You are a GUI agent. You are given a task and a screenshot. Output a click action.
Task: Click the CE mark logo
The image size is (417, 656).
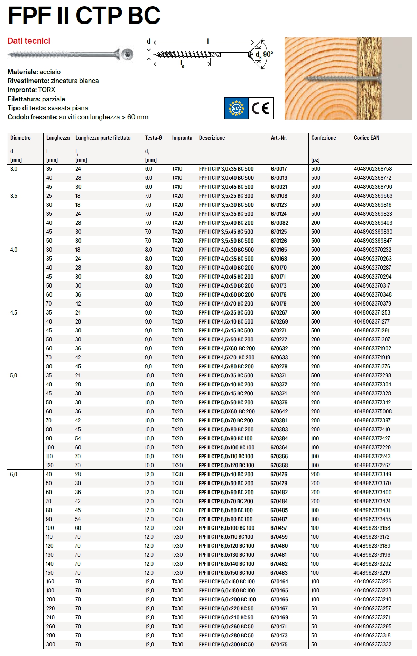pos(261,109)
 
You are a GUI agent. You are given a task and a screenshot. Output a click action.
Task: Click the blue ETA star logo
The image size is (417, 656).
pos(237,109)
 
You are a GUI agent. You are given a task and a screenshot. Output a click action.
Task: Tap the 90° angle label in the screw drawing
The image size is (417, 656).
pos(268,54)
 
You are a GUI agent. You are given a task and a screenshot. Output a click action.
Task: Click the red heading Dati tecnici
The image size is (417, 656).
pos(29,41)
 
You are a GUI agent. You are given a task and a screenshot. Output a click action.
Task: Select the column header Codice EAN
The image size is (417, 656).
pos(367,138)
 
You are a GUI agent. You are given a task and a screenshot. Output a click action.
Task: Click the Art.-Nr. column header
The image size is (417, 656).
pos(279,138)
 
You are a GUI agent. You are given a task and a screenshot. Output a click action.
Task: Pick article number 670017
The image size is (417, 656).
pos(279,169)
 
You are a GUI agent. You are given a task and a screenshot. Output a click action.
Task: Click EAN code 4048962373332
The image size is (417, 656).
pos(372,644)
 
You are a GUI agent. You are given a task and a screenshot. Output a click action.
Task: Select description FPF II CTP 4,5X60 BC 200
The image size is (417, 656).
pos(227,348)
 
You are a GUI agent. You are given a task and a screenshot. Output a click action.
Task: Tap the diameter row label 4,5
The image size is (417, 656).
pos(14,312)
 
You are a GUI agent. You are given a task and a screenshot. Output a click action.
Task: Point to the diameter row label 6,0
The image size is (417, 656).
pos(13,474)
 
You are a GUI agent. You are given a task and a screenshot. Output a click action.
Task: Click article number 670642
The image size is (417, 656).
pos(279,411)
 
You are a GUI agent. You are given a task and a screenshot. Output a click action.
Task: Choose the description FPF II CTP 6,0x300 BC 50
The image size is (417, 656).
pos(226,644)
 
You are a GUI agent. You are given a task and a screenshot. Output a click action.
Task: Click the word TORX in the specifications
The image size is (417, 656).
pos(47,90)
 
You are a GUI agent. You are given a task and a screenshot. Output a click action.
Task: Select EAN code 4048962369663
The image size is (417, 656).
pos(373,196)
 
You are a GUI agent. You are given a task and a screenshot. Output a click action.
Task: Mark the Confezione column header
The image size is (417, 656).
pos(324,138)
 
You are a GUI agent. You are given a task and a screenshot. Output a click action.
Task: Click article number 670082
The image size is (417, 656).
pos(279,223)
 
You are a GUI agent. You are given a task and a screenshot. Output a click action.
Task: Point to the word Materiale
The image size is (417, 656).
pos(22,72)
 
